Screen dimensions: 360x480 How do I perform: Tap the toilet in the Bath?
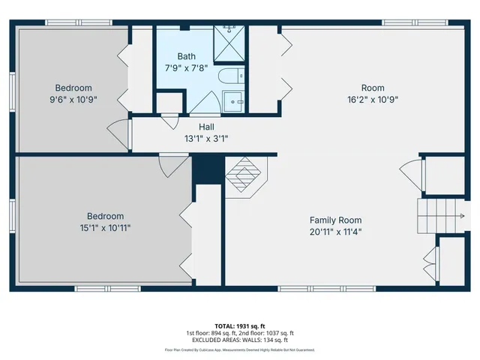coord(228,76)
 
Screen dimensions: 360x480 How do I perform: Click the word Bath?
coord(187,56)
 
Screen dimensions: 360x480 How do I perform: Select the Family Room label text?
coord(335,220)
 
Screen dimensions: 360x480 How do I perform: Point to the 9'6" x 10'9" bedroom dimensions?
coord(72,98)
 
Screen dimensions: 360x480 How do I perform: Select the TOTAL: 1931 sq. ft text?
coord(240,325)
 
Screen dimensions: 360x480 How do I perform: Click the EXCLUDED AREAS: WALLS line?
coord(240,340)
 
